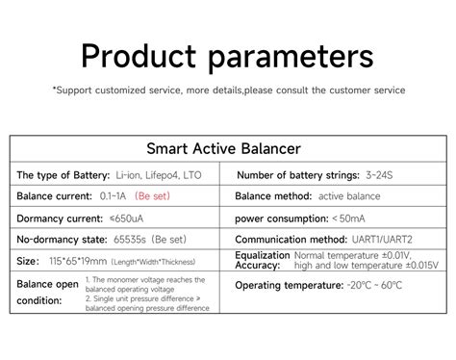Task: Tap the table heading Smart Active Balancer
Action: click(x=224, y=149)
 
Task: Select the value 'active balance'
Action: click(x=349, y=196)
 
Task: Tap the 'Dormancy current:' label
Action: click(x=56, y=218)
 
